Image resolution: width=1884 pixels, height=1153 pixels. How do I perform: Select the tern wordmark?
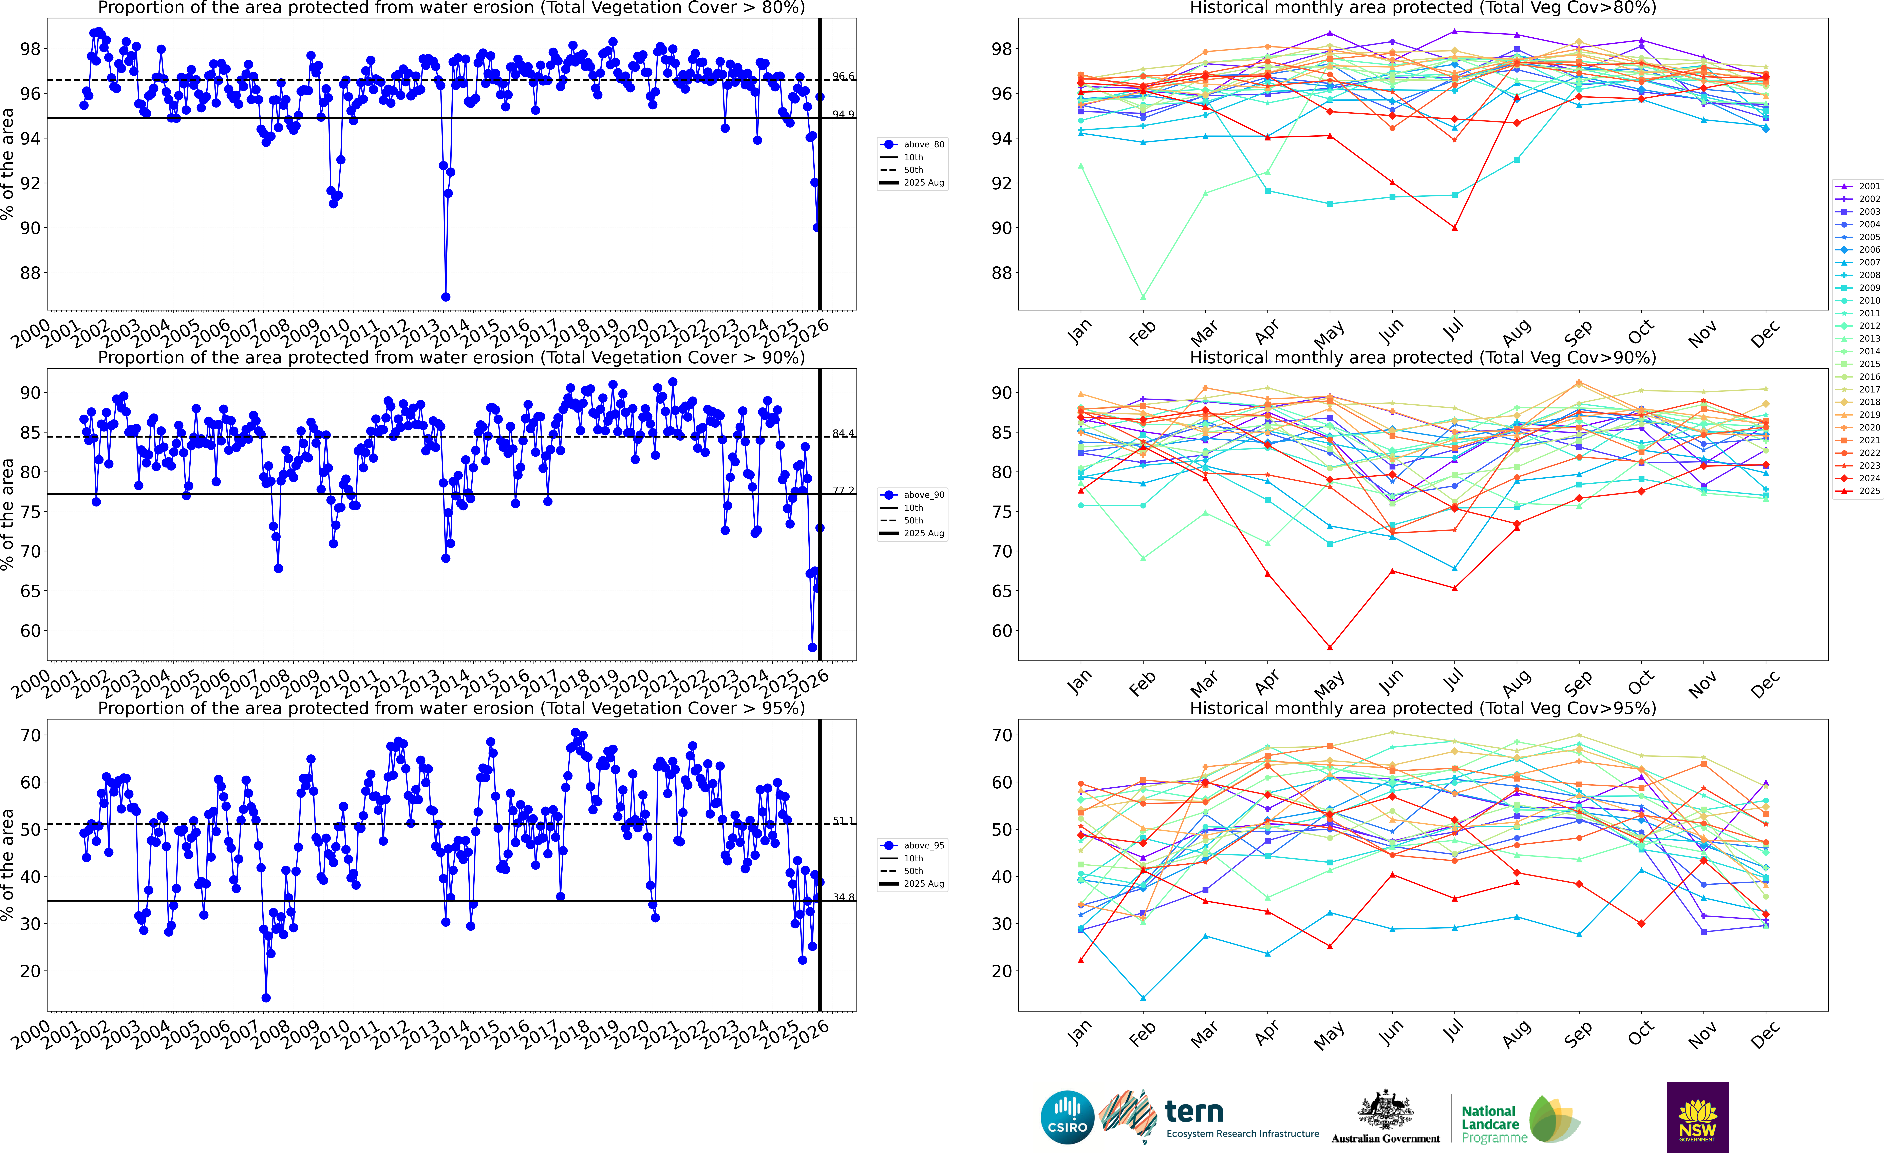(x=1194, y=1111)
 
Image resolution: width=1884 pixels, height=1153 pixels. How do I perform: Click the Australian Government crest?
(x=1386, y=1110)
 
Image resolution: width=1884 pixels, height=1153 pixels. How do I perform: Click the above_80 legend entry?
(x=914, y=145)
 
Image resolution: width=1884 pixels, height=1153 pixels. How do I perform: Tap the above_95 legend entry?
(x=914, y=846)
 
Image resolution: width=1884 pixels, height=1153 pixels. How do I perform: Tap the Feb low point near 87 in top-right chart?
(x=1143, y=297)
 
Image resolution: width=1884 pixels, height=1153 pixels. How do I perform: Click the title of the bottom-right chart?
(x=1423, y=708)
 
